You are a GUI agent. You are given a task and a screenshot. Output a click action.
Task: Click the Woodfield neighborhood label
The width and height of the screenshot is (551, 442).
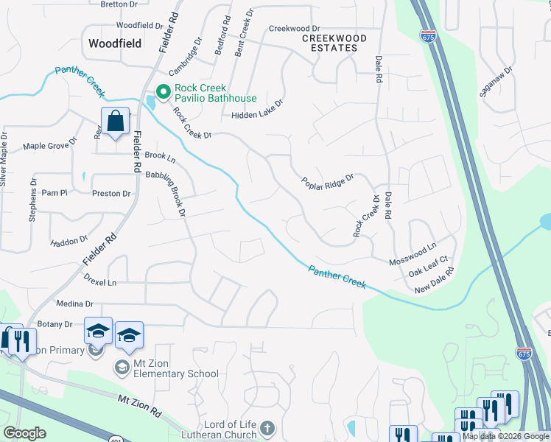pyautogui.click(x=114, y=43)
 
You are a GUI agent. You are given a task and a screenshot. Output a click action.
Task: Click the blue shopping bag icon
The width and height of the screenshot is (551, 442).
pyautogui.click(x=116, y=122)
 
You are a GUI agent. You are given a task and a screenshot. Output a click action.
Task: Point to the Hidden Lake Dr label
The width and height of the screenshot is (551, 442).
pyautogui.click(x=257, y=114)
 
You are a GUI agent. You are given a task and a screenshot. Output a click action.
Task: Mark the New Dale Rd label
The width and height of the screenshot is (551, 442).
pyautogui.click(x=435, y=281)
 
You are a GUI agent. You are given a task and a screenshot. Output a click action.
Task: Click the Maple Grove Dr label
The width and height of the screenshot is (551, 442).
pyautogui.click(x=50, y=146)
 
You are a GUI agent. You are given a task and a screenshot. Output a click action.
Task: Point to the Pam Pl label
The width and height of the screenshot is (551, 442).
pyautogui.click(x=55, y=193)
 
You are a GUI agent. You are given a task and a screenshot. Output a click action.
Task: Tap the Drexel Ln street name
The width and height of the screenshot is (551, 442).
pyautogui.click(x=100, y=282)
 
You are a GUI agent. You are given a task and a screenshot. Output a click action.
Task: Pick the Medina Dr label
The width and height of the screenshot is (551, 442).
pyautogui.click(x=75, y=304)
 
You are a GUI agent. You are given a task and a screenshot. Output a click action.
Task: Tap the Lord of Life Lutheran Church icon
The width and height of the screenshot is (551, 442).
pyautogui.click(x=267, y=427)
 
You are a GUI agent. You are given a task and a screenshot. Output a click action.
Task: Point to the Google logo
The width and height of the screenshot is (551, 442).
pyautogui.click(x=25, y=433)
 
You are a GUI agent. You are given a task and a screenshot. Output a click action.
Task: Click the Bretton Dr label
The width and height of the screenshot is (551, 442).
pyautogui.click(x=119, y=4)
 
